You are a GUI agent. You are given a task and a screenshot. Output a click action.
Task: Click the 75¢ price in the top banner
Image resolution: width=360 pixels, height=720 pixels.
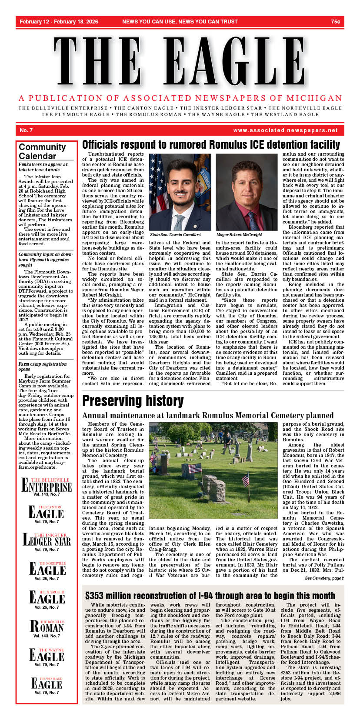(x=335, y=21)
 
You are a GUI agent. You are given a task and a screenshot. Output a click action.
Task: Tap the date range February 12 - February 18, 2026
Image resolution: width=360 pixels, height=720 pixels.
(x=59, y=21)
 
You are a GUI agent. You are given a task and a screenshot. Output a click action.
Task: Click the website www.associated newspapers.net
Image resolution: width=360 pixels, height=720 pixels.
(x=285, y=130)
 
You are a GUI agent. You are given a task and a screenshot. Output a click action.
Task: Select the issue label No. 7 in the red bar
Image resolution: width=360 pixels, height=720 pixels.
(x=26, y=130)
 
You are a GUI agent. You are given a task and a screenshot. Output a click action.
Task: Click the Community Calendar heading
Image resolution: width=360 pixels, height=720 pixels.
(x=42, y=151)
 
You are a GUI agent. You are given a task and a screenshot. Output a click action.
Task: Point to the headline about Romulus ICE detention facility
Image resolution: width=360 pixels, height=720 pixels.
(x=211, y=145)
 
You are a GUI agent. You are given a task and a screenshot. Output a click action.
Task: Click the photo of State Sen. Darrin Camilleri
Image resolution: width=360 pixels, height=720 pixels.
(x=180, y=192)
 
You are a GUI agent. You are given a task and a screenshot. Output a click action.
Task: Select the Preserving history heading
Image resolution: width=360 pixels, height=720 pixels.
(x=133, y=400)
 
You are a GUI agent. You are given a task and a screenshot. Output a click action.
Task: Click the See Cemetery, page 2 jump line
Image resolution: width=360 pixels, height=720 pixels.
(x=324, y=578)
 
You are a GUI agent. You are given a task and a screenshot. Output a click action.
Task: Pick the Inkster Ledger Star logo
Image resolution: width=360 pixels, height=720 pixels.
(x=47, y=540)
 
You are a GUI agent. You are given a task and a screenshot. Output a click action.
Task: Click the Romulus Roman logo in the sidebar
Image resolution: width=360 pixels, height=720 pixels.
(x=47, y=626)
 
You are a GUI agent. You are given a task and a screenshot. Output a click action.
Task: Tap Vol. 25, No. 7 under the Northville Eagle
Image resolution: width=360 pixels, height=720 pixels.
(x=47, y=578)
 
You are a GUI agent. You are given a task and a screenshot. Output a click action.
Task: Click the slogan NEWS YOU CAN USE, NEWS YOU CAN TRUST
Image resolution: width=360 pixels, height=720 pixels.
(x=180, y=21)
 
